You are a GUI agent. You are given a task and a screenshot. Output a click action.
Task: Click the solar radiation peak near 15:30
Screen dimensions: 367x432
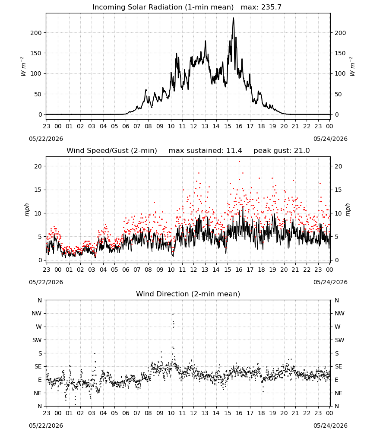tap(234, 18)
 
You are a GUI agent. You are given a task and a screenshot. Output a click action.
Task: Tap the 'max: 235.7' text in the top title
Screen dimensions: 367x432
tap(261, 7)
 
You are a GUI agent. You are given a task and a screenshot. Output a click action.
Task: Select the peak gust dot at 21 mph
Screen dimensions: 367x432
tap(239, 162)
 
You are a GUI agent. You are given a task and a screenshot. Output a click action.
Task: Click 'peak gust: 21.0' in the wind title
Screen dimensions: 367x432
tap(282, 151)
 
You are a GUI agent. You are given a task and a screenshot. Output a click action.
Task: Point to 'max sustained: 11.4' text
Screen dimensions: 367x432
tap(205, 151)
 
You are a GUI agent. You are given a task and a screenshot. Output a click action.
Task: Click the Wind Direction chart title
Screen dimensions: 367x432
tap(188, 294)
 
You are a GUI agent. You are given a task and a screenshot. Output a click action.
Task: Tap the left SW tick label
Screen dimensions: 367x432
tap(37, 340)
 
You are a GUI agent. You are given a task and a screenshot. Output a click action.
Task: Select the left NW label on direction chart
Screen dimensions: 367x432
tap(37, 313)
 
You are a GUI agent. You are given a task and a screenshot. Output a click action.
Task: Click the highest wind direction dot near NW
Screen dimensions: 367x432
tap(173, 314)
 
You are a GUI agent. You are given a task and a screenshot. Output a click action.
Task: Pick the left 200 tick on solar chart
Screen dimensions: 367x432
tap(36, 33)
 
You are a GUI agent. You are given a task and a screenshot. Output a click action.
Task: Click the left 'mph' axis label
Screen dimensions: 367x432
tap(27, 210)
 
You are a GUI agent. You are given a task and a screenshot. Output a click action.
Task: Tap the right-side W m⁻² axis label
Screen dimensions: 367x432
tap(352, 67)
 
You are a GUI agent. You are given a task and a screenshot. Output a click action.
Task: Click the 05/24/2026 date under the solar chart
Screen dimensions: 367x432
tap(330, 139)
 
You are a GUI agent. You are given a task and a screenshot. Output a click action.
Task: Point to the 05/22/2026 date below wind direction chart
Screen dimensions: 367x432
tap(46, 426)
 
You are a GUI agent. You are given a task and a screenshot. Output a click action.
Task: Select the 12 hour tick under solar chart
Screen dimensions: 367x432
tap(193, 126)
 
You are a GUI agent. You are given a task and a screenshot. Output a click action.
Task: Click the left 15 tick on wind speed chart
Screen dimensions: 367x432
tap(38, 190)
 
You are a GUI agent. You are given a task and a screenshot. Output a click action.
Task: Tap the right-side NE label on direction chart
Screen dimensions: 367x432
tap(339, 393)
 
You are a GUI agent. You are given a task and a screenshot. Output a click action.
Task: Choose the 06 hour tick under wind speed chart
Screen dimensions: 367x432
tap(126, 270)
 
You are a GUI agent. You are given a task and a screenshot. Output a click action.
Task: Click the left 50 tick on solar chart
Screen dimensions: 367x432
tap(38, 94)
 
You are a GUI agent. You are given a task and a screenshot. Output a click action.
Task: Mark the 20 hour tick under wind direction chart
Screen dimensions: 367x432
tap(284, 413)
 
